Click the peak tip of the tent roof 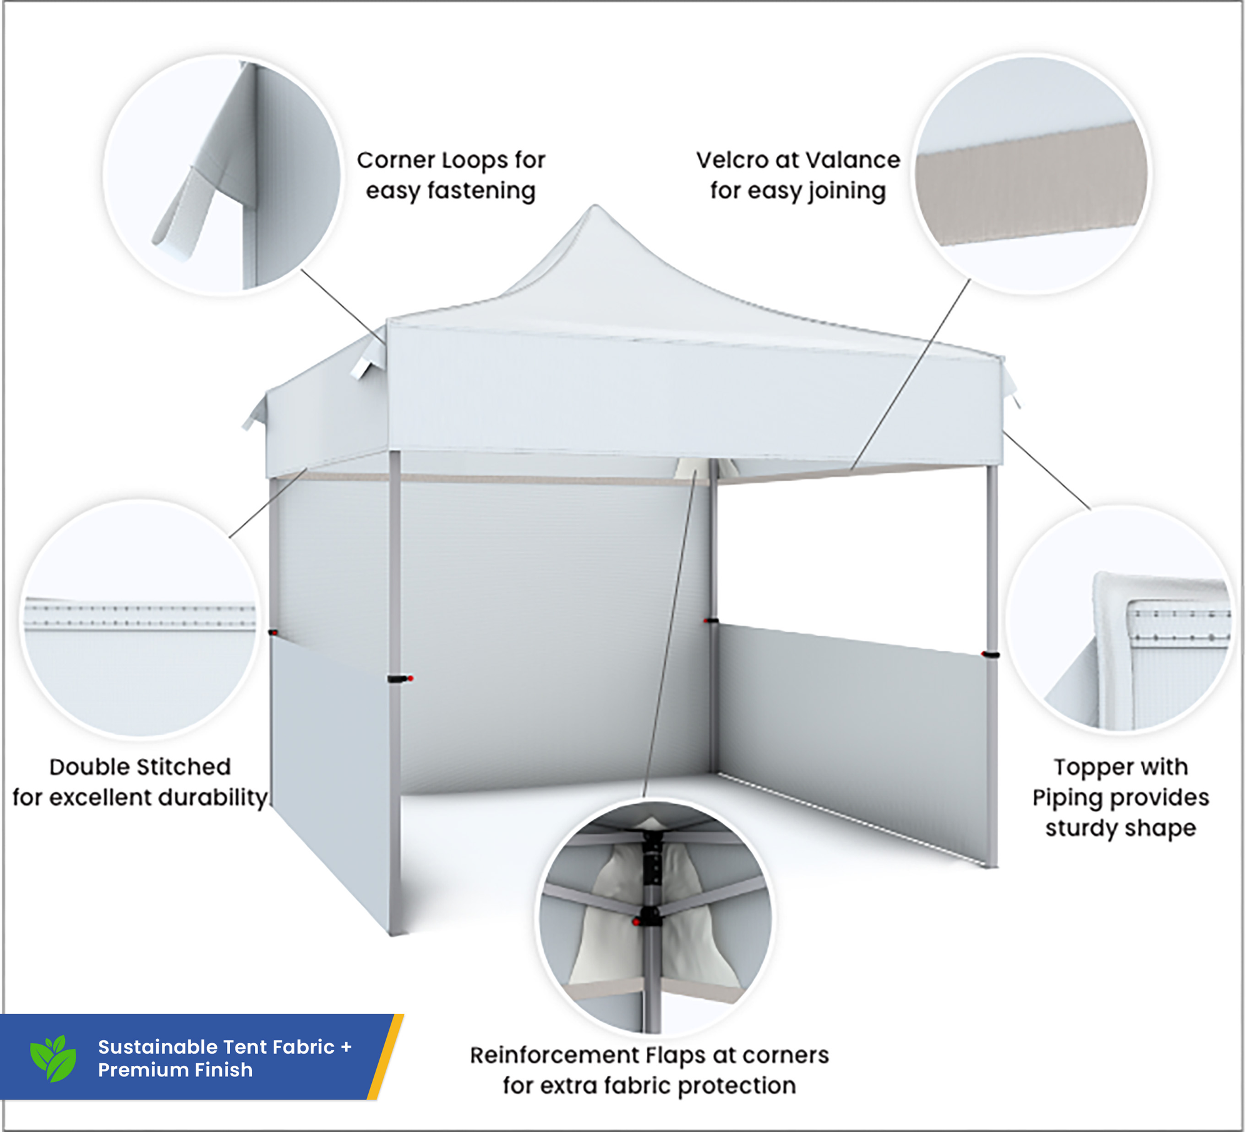click(x=595, y=208)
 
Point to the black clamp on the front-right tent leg click(x=991, y=655)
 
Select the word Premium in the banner click(x=135, y=1070)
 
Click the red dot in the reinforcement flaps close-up click(x=636, y=922)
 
